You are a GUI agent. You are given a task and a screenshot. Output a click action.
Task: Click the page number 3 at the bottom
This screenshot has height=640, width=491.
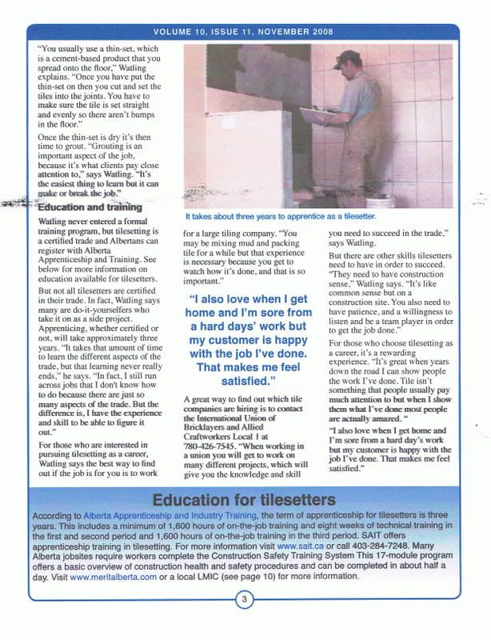245,621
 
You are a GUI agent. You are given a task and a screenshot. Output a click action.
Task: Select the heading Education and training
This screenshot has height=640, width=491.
90,207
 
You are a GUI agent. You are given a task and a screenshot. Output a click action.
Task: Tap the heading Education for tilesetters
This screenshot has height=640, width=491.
245,502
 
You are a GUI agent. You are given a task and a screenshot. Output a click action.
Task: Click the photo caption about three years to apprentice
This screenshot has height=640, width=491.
280,217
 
